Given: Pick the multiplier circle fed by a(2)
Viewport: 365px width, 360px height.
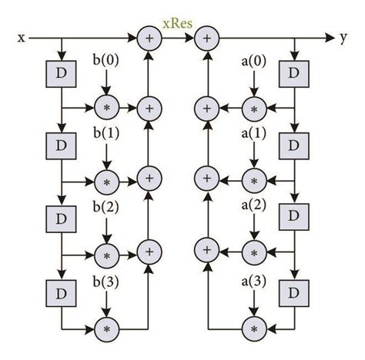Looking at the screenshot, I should click(x=253, y=252).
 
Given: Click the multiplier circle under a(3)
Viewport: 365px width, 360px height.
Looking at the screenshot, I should click(x=253, y=329).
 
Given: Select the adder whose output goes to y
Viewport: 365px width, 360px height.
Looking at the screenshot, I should click(x=206, y=36).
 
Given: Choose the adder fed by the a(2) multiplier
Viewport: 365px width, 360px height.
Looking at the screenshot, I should click(x=206, y=252).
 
